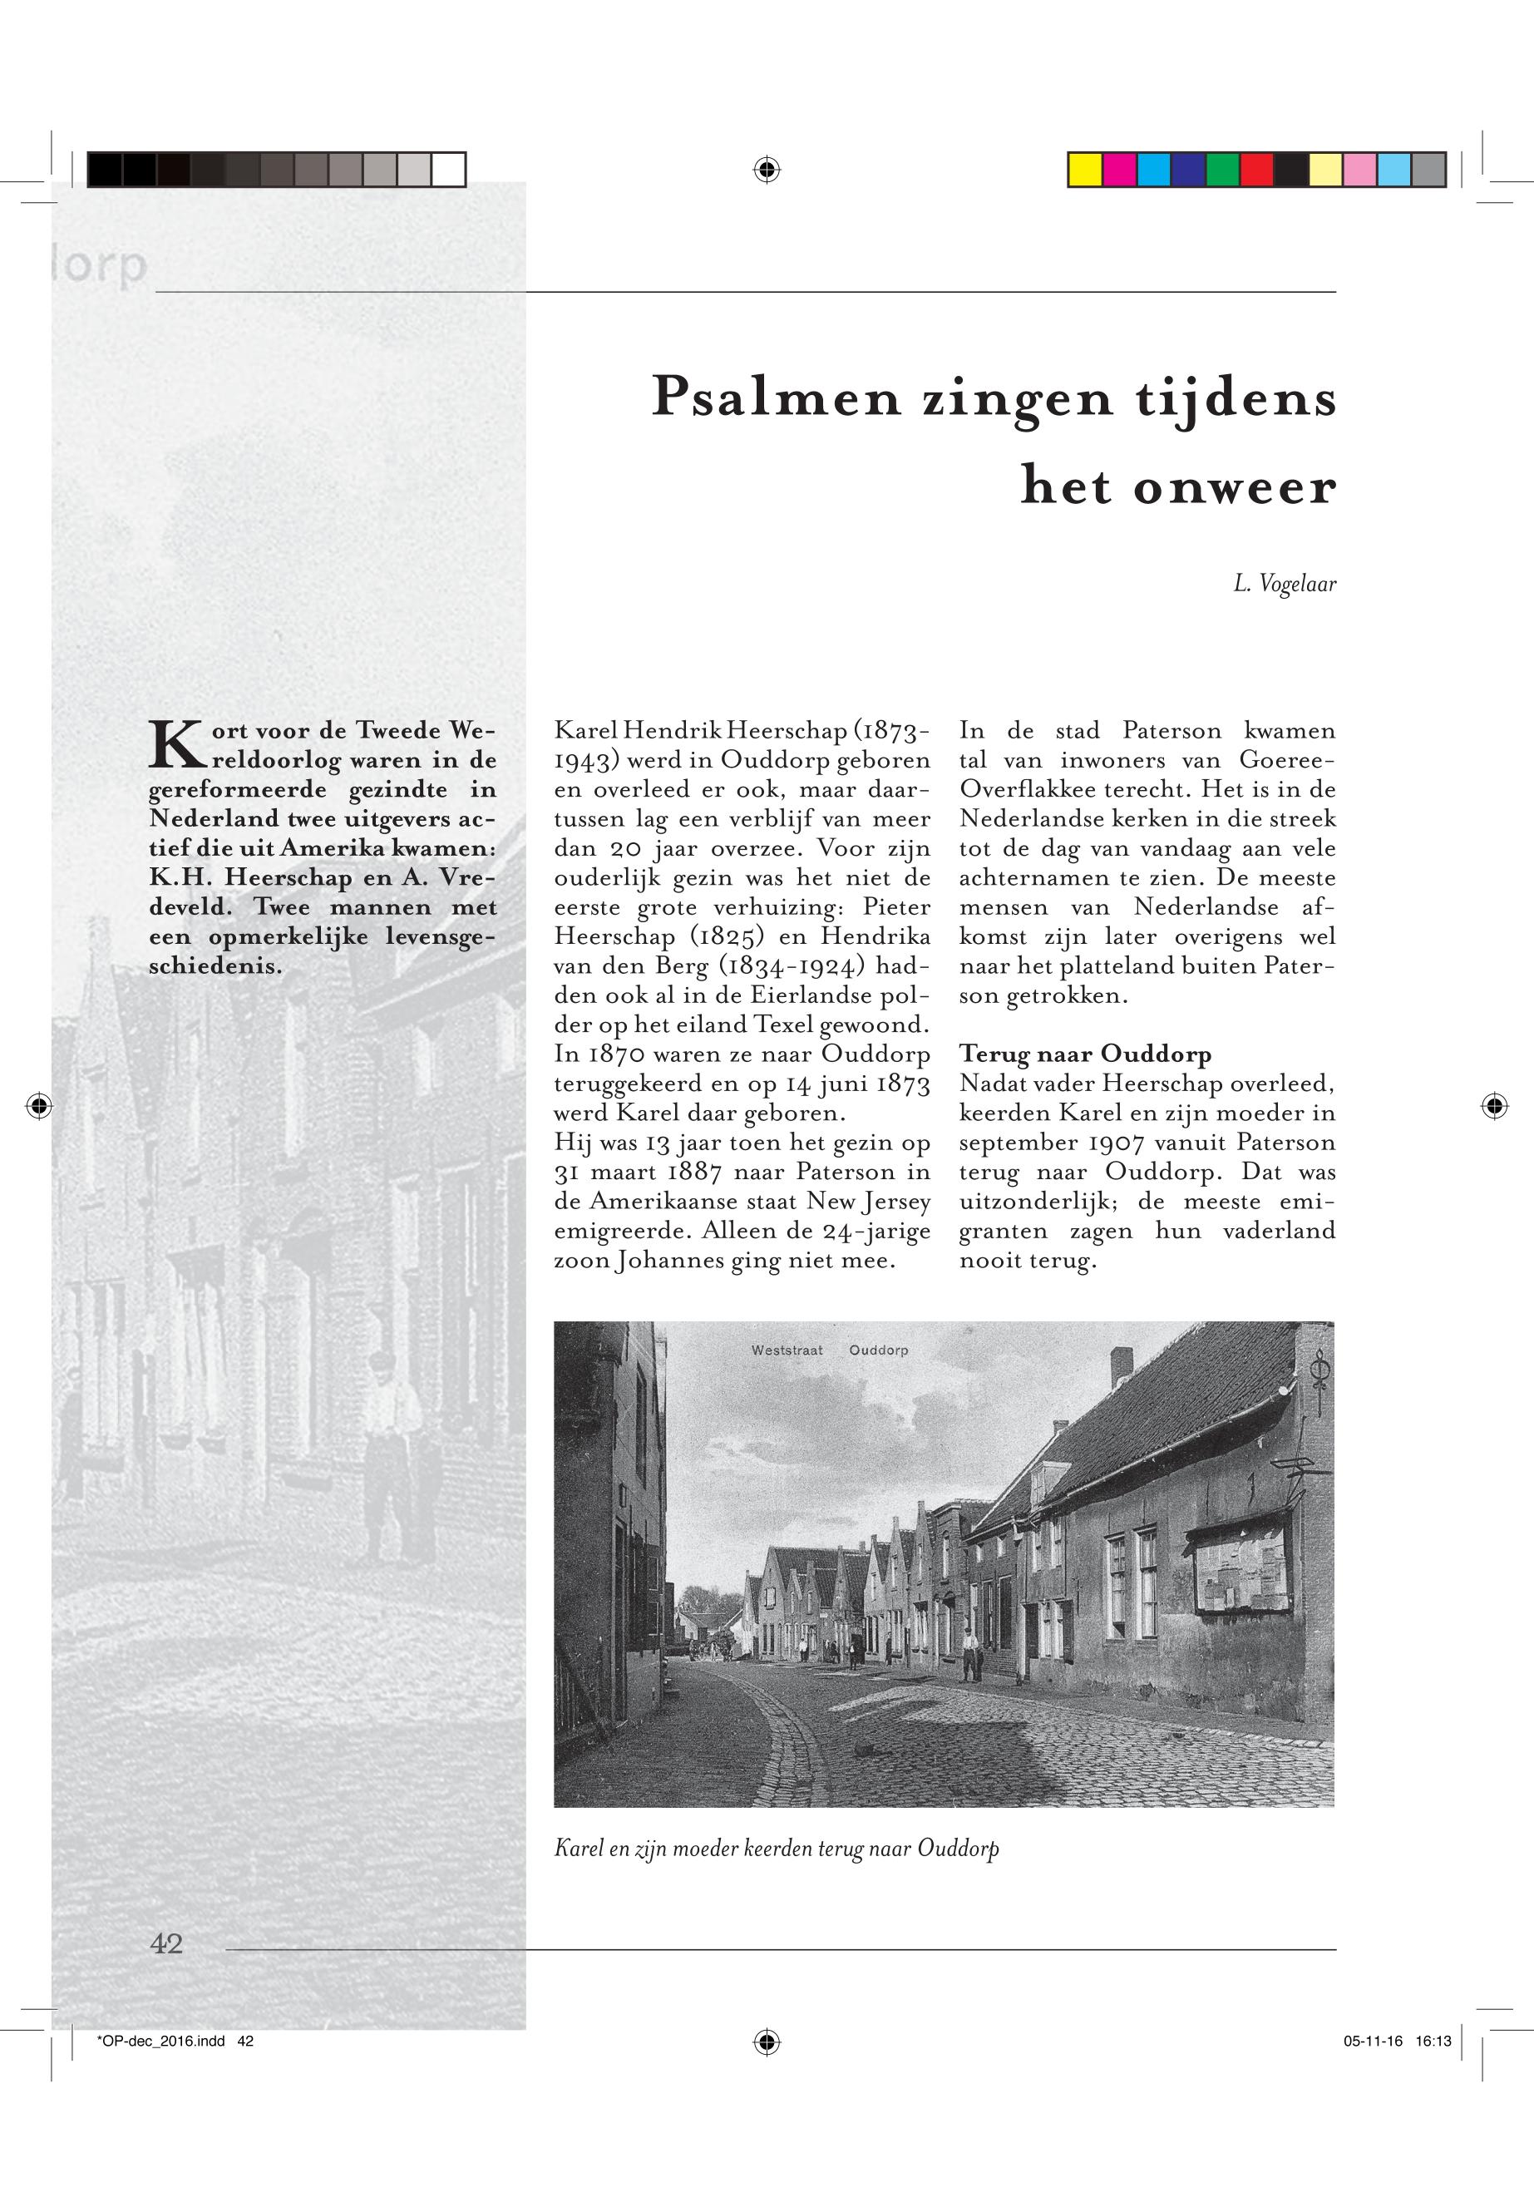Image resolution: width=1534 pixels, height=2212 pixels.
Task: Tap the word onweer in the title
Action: point(1234,486)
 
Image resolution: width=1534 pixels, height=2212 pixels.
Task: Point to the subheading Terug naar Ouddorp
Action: point(1085,1054)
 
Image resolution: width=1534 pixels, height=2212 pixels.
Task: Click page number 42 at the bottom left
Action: point(166,1943)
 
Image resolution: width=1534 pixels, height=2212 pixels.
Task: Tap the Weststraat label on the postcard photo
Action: point(787,1350)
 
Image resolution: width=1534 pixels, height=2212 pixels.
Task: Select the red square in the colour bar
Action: point(1256,170)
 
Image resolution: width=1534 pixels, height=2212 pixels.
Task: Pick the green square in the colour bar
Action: point(1222,170)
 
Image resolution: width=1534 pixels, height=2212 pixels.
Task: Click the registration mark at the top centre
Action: point(766,170)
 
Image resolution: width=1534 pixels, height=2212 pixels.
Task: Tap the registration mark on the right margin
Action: point(1493,1107)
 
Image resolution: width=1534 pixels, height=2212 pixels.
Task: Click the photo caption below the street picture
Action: point(777,1849)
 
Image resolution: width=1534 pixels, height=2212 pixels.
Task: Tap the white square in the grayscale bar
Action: point(448,170)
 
